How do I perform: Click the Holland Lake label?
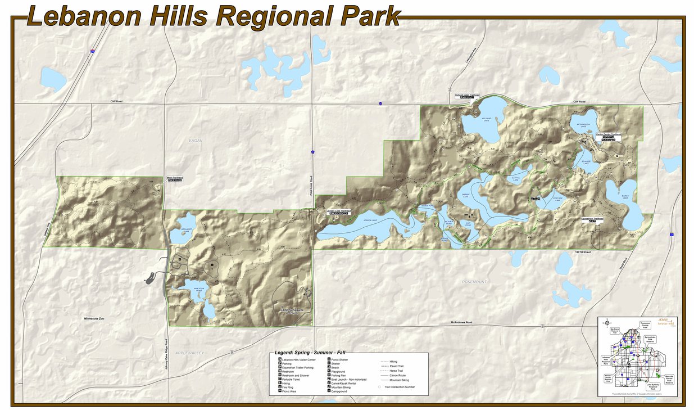click(x=487, y=119)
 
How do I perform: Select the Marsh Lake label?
click(x=624, y=197)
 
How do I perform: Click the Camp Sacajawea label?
click(x=292, y=309)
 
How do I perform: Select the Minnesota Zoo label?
click(x=94, y=319)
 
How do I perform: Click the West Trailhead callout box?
click(x=174, y=179)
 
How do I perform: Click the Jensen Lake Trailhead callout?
click(x=338, y=212)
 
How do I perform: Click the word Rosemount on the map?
click(x=475, y=281)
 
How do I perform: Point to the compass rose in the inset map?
click(x=608, y=323)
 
